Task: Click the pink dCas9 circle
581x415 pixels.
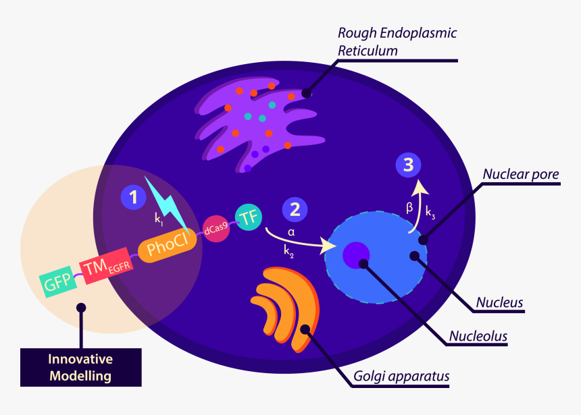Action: pos(216,229)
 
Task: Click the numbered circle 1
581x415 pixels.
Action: pos(133,197)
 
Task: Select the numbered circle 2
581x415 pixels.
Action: pos(295,209)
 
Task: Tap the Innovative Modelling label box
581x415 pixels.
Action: pos(81,367)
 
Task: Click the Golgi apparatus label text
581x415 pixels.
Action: pos(401,376)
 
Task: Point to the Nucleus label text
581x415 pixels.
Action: pos(499,302)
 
